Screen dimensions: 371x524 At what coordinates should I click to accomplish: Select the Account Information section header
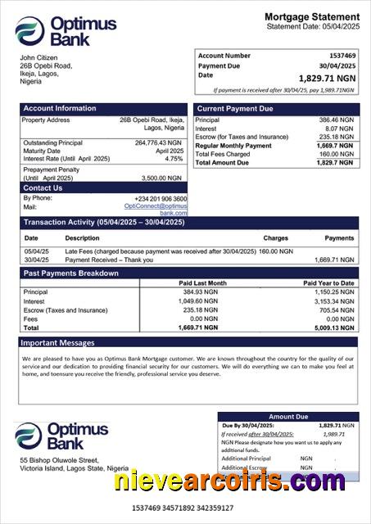pos(59,108)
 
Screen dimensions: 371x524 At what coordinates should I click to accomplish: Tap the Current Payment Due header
pos(235,108)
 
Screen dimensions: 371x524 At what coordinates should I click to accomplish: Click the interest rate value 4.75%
pos(174,159)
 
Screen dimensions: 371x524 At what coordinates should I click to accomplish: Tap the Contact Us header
pos(43,188)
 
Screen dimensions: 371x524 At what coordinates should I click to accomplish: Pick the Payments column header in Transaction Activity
pos(339,237)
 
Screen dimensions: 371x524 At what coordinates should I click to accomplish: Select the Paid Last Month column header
pos(201,283)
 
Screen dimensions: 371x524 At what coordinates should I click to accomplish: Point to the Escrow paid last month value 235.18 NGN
pos(201,310)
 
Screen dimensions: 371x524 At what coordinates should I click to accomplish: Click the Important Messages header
pos(57,342)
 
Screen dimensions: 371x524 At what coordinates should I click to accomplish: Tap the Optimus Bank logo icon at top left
pos(29,31)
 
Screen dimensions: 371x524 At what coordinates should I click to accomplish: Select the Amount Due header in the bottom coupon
pos(288,417)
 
